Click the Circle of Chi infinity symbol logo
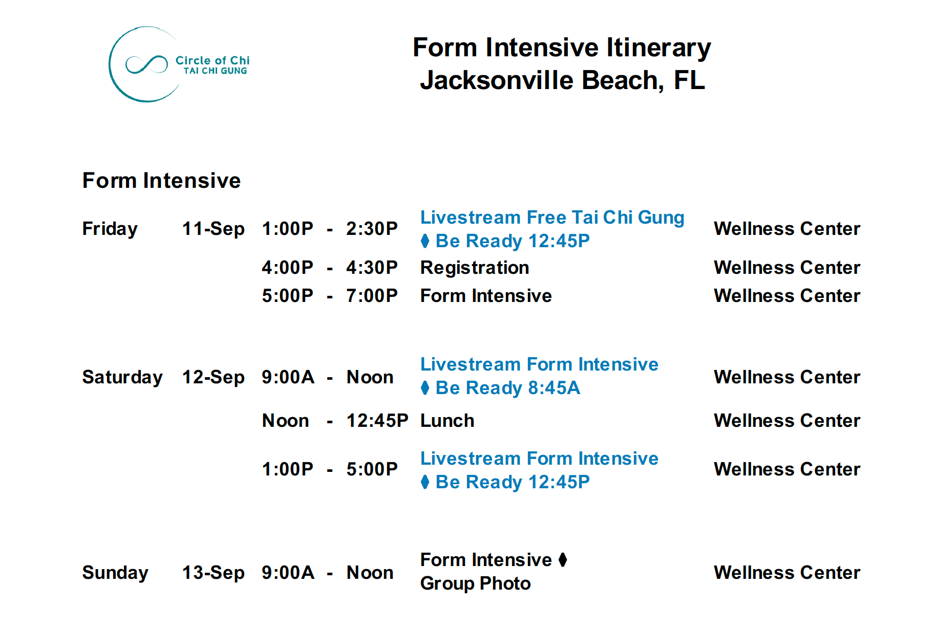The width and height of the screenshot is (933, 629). (146, 64)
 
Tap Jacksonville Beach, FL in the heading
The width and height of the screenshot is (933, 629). (562, 80)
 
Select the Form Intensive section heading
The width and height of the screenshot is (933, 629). (161, 181)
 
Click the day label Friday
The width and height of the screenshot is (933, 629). (110, 229)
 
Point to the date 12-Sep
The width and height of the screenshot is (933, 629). (213, 377)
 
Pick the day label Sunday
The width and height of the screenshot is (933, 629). (115, 573)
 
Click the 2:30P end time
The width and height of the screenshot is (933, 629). (372, 229)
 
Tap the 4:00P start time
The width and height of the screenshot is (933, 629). (287, 268)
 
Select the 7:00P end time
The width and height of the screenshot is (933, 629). (372, 296)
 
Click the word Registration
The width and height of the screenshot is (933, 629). (475, 268)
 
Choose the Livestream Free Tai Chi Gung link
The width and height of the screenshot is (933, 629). (552, 218)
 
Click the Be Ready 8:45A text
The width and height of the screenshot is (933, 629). (507, 388)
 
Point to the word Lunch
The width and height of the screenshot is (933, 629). (447, 421)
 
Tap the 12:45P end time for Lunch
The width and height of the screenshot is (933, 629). (377, 421)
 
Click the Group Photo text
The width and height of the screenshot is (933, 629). (475, 583)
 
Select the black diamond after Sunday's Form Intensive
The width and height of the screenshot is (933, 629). (563, 560)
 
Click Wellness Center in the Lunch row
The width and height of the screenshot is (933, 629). (787, 421)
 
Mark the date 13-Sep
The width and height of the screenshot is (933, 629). (213, 573)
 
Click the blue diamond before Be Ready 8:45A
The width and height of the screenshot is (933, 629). (425, 388)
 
